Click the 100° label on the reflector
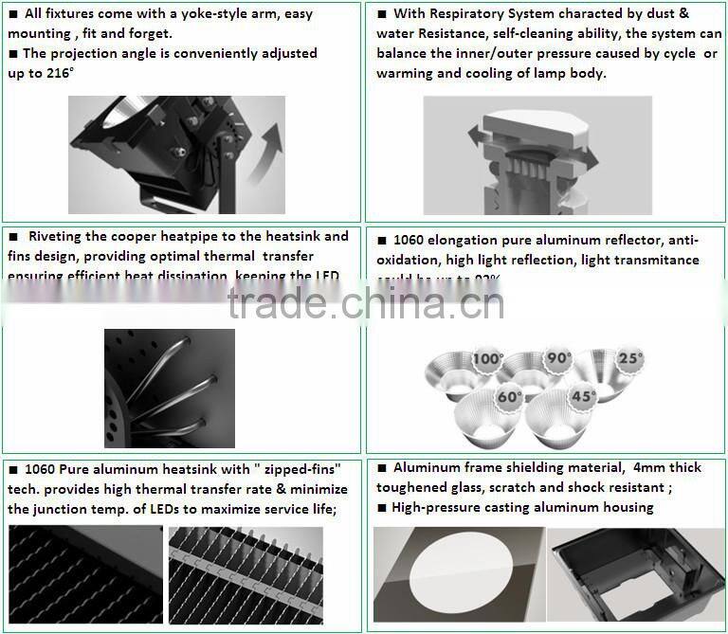488,360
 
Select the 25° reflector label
629,360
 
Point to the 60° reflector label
510,397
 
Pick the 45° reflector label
581,396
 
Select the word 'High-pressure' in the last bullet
438,507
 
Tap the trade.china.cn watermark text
365,304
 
